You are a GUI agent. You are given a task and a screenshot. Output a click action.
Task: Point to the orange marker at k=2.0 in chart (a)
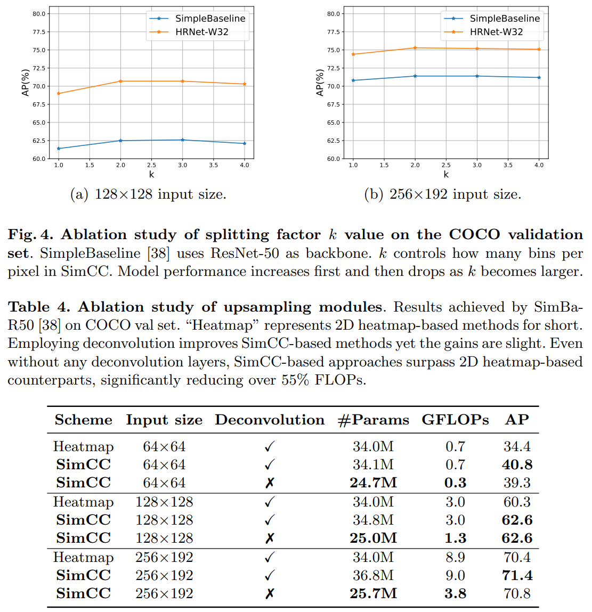coord(120,81)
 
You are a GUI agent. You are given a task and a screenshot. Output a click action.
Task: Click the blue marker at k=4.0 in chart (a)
coord(245,143)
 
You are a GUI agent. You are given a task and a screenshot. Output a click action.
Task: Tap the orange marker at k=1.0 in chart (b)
coord(353,54)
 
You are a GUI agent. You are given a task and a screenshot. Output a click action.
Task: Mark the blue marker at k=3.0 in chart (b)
coord(477,76)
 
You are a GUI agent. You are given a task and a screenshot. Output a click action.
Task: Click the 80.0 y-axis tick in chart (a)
coord(39,14)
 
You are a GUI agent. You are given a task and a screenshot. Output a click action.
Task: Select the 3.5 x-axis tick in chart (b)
coord(508,165)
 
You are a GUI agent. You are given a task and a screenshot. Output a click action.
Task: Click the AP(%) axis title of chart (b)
coord(320,83)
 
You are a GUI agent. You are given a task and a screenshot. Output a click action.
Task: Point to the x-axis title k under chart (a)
coord(151,175)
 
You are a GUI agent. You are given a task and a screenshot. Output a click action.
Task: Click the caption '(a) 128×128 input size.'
coord(148,194)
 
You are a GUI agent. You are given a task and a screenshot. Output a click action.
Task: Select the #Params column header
coord(373,420)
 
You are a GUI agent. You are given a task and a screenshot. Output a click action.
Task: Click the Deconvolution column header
coord(270,420)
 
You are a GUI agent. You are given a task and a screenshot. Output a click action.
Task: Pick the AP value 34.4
coord(517,447)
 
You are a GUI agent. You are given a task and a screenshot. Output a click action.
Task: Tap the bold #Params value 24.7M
coord(373,483)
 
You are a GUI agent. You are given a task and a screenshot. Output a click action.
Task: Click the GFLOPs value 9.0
coord(455,576)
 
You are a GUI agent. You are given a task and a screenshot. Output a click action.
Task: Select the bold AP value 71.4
coord(517,576)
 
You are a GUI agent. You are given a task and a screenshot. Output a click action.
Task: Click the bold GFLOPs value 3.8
coord(455,594)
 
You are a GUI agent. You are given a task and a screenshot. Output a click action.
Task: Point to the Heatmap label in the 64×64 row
coord(84,447)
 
